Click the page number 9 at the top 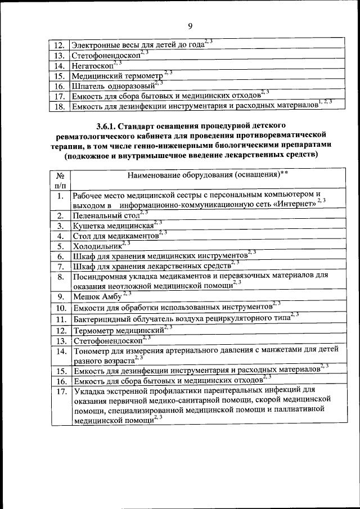[x=190, y=25]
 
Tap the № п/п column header [x=60, y=179]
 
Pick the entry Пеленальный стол [x=105, y=215]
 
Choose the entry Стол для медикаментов [x=115, y=236]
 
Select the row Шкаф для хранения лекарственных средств [x=151, y=266]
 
